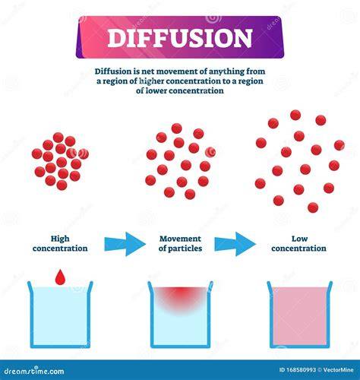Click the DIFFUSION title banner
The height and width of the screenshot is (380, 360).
[x=180, y=37]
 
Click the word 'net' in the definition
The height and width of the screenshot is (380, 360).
[x=147, y=71]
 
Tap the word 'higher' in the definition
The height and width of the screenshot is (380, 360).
[x=151, y=81]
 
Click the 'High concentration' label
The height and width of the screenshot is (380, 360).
[x=60, y=244]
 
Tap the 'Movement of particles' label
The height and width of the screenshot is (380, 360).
[x=180, y=244]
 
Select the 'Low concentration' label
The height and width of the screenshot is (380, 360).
[x=298, y=244]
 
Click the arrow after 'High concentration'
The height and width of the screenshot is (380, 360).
[x=125, y=244]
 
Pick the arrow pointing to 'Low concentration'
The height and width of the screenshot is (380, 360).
[x=235, y=244]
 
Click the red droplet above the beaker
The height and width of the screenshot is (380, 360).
[x=60, y=277]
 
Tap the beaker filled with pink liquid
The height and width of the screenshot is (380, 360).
[x=300, y=314]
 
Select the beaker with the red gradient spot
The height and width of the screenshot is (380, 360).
[x=180, y=314]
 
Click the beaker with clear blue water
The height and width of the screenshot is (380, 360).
[x=60, y=314]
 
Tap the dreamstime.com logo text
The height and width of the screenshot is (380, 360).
[x=34, y=371]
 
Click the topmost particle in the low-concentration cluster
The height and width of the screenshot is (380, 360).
[x=295, y=115]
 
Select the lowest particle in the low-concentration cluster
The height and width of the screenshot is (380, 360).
[x=313, y=207]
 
